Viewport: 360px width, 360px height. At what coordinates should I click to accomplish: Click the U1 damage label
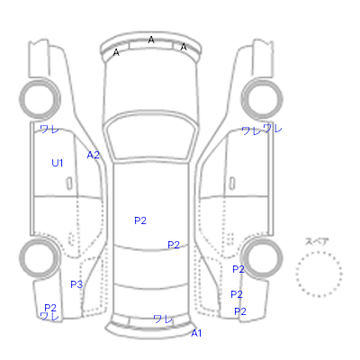coord(58,163)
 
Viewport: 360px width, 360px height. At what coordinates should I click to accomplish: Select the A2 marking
coord(93,155)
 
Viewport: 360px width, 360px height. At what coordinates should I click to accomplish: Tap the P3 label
coord(76,284)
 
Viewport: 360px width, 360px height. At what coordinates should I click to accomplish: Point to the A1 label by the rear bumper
coord(196,333)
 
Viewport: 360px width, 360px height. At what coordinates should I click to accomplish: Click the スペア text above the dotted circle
coord(317,241)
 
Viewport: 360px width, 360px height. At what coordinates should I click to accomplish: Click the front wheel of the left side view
coord(40,99)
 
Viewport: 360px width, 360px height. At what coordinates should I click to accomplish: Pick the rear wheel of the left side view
coord(40,258)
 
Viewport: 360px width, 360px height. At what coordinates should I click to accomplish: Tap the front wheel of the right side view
coord(262,99)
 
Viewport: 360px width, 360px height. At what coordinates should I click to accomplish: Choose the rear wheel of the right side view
coord(263,258)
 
